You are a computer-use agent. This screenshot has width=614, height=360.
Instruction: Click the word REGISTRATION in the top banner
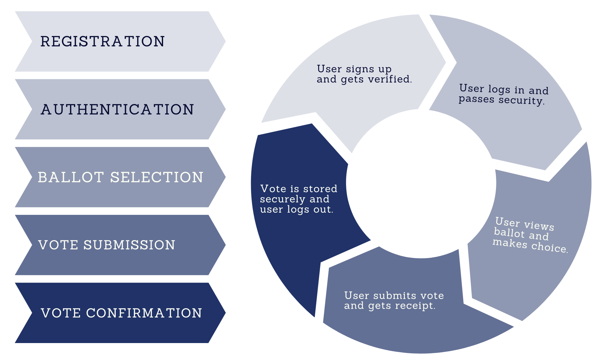[102, 42]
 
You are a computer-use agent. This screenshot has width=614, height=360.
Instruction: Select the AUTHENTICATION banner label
[117, 109]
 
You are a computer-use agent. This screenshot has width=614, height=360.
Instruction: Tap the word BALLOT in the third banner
[71, 177]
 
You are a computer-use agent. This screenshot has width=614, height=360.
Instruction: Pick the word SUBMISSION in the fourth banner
[129, 245]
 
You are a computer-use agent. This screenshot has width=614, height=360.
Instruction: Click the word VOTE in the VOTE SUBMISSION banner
[58, 245]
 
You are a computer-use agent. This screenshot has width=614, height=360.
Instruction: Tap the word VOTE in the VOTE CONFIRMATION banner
[61, 313]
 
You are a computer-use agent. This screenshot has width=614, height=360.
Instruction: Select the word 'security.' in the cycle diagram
[522, 101]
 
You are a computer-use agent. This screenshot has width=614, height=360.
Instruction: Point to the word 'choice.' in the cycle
[550, 247]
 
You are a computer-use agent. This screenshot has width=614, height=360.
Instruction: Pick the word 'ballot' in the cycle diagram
[509, 232]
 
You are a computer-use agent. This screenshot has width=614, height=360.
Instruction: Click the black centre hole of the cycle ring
[421, 184]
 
